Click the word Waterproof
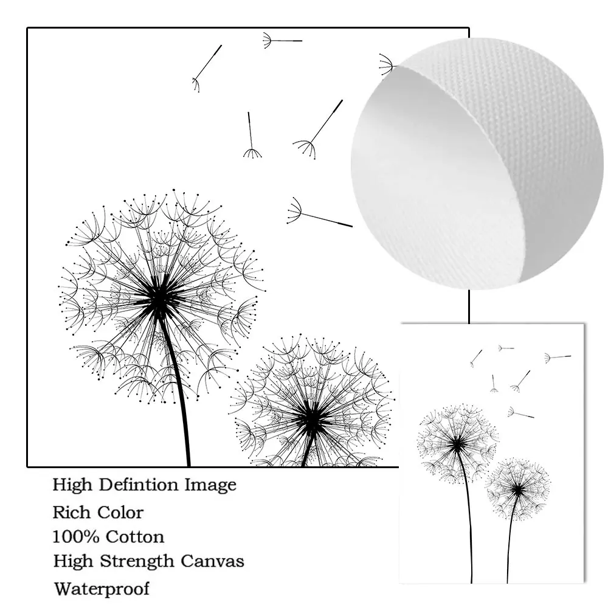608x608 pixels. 101,589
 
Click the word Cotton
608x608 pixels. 135,537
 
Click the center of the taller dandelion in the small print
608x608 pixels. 458,444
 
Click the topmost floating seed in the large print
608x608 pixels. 282,41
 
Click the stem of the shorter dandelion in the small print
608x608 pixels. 510,541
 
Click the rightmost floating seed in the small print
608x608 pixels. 558,357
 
